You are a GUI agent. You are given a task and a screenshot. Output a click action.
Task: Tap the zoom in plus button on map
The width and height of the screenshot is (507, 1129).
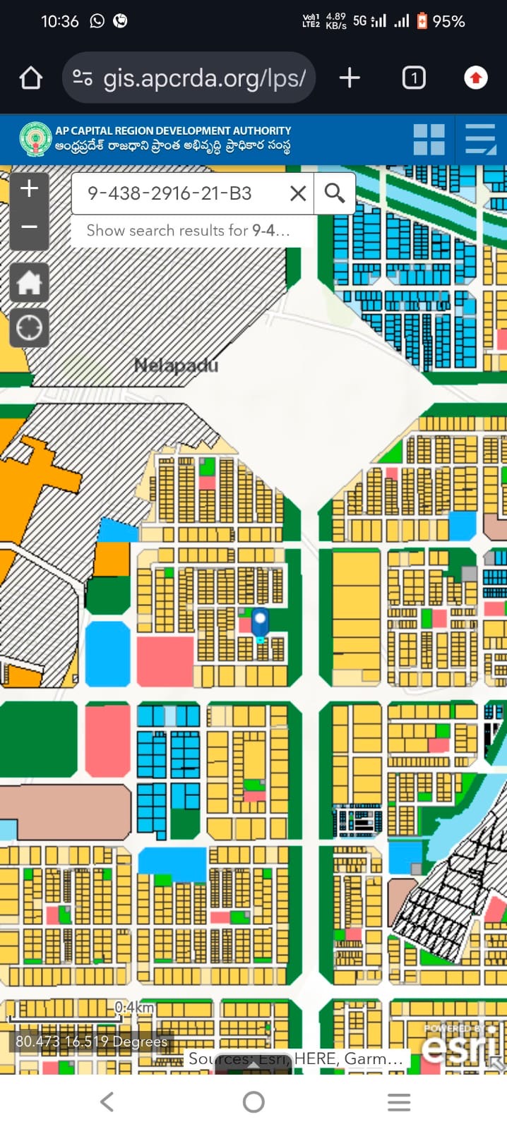point(29,189)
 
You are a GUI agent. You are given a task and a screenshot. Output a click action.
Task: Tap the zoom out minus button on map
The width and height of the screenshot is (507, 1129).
point(29,227)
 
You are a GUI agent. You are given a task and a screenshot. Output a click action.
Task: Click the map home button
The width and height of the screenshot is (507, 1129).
point(29,283)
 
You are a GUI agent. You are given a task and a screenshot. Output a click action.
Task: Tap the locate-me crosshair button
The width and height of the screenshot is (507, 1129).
point(29,328)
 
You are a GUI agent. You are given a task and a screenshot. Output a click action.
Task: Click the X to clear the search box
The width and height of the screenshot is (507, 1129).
point(298,193)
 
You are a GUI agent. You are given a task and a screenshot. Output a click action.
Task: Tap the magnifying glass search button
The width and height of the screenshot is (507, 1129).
point(335,193)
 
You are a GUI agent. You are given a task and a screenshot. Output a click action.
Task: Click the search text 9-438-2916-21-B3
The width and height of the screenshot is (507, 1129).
point(169,193)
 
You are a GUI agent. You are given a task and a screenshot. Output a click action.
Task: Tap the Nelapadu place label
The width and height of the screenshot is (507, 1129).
point(176,366)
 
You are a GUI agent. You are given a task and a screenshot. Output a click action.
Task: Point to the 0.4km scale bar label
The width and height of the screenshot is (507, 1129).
point(134,1007)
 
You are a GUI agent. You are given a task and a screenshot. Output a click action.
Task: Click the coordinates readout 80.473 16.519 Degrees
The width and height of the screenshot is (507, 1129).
point(92,1042)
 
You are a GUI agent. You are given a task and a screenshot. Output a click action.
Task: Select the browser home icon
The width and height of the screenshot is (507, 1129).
point(31,78)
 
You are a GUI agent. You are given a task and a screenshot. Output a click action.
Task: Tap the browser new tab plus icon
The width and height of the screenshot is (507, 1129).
point(350,78)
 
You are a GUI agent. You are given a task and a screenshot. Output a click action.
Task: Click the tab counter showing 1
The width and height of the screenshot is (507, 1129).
point(414,78)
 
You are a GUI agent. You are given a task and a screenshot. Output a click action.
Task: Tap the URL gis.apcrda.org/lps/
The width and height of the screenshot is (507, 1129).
point(204,78)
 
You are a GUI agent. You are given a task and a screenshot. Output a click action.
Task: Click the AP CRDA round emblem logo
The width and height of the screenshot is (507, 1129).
point(35,138)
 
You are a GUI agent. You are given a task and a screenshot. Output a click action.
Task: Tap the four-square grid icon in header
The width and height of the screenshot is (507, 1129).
point(429,139)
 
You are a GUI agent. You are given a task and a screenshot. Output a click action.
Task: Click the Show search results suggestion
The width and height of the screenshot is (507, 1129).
point(188,231)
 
